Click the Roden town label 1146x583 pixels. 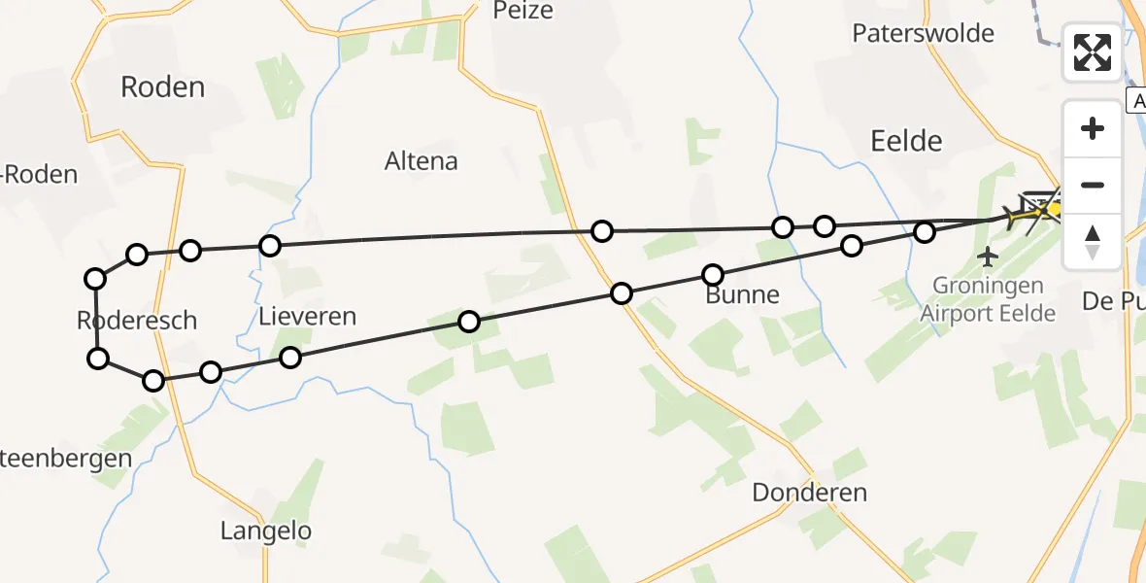[x=162, y=87]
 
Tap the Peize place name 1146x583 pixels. [x=522, y=11]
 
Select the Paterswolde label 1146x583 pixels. [x=923, y=33]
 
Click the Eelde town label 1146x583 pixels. [x=906, y=141]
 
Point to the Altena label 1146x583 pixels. [x=421, y=161]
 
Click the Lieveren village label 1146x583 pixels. [x=307, y=316]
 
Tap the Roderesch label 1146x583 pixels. [x=136, y=320]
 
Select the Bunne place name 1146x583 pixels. [x=742, y=294]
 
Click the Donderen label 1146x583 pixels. [x=809, y=493]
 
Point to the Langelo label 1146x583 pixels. [x=266, y=531]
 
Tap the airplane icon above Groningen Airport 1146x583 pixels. [x=989, y=257]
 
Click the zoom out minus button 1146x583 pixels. [x=1093, y=186]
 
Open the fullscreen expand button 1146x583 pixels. [x=1093, y=52]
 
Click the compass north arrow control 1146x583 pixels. [x=1093, y=242]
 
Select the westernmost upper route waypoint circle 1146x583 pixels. [x=95, y=279]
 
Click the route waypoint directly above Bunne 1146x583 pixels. [x=713, y=275]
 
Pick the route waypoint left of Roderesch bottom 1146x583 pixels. [x=98, y=359]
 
